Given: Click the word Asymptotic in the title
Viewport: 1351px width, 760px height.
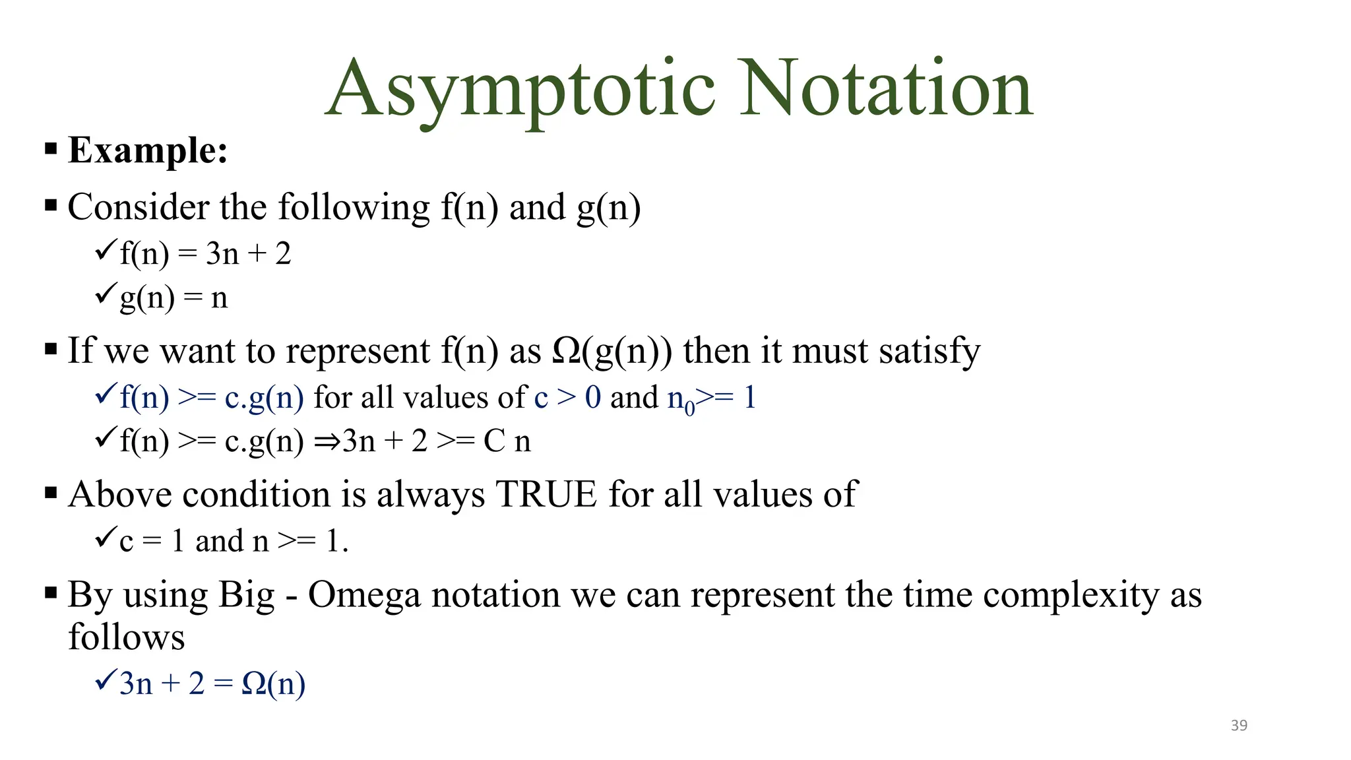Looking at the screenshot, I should point(520,89).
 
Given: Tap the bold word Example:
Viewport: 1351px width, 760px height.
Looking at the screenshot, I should point(148,150).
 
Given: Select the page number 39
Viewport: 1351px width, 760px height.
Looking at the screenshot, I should point(1239,725).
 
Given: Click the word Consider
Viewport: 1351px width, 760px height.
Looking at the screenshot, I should point(138,207).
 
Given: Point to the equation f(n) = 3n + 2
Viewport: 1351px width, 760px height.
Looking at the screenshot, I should point(205,253).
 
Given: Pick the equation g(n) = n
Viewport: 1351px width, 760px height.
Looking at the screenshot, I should point(173,298).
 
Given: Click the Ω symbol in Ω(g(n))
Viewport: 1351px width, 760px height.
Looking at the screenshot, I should point(566,350).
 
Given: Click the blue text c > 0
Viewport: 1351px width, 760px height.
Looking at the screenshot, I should point(567,397).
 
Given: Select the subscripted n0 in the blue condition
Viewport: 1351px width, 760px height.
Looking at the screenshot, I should point(681,400).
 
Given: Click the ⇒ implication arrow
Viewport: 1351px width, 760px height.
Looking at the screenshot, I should point(327,441).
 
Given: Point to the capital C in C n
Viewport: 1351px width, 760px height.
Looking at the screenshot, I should point(494,441).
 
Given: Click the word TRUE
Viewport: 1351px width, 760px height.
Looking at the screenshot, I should point(546,494).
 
